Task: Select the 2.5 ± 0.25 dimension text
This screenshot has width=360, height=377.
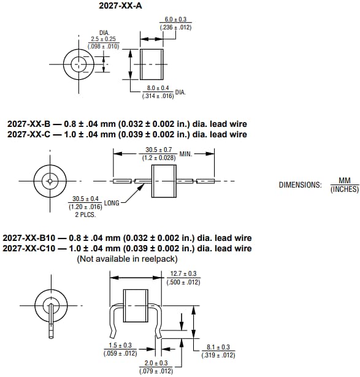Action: (x=103, y=39)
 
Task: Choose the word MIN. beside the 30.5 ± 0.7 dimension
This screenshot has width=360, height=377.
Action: (x=185, y=153)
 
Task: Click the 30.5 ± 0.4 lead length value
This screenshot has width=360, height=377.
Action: (x=85, y=199)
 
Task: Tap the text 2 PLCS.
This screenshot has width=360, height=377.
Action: (x=85, y=215)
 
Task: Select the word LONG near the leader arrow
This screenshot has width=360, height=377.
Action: (x=112, y=202)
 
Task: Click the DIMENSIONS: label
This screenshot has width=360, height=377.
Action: (x=300, y=185)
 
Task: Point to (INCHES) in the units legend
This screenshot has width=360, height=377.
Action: (x=344, y=189)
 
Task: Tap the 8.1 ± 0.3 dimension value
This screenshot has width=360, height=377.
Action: (x=218, y=348)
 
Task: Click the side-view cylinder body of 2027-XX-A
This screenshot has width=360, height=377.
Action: (x=153, y=63)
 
